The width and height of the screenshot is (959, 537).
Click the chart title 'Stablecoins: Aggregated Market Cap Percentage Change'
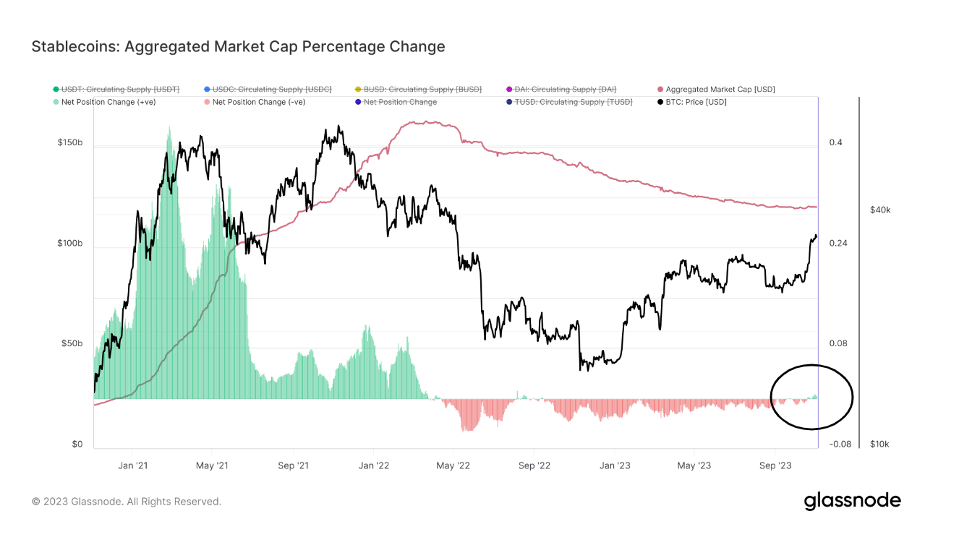click(x=238, y=47)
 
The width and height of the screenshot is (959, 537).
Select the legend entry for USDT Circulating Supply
click(x=119, y=89)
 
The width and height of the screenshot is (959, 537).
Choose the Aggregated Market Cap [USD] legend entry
click(x=720, y=89)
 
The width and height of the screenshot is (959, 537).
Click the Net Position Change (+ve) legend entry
click(x=108, y=102)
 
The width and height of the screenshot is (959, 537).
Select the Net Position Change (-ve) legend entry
click(x=258, y=102)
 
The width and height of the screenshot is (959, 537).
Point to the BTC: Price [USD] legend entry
click(x=696, y=102)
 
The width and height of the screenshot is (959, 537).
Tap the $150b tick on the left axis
click(x=70, y=143)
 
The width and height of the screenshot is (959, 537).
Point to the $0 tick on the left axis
click(x=77, y=444)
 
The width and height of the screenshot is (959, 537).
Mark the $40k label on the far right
click(x=879, y=210)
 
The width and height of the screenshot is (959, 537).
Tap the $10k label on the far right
click(x=879, y=444)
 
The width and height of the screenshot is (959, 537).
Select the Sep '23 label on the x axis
click(x=776, y=465)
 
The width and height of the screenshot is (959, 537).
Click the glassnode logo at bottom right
click(x=852, y=501)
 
